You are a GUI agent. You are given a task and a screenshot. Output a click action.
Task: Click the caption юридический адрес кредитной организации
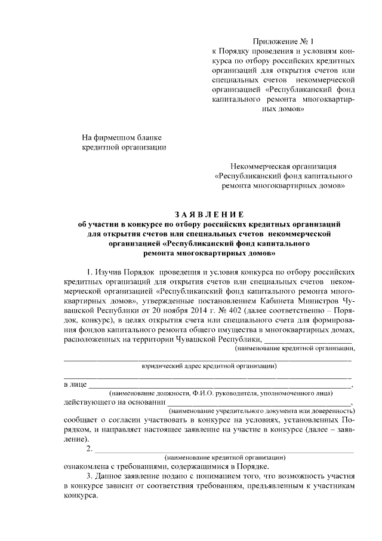[x=208, y=365]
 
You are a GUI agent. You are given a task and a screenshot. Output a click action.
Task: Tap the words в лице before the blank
[x=74, y=383]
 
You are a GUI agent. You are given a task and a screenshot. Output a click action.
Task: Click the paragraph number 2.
[x=89, y=449]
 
